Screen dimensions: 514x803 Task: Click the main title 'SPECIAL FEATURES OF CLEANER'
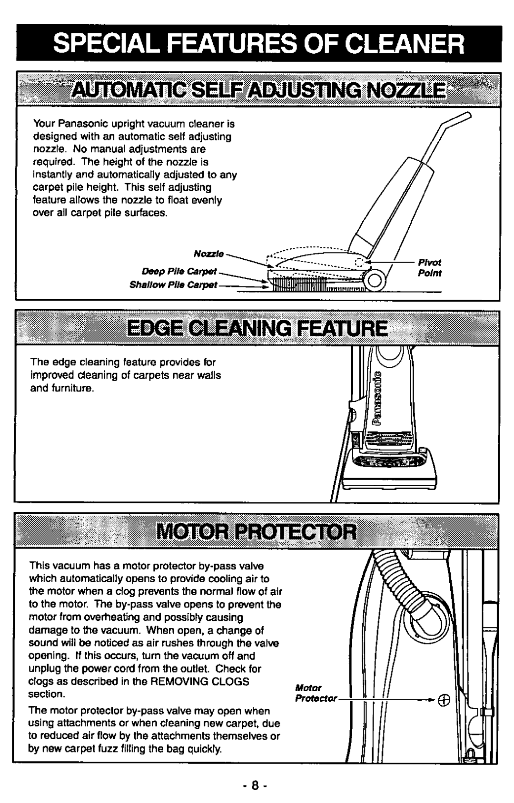258,44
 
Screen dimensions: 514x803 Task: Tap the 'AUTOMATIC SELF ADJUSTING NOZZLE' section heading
259,90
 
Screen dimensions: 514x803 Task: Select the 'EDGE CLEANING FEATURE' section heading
257,328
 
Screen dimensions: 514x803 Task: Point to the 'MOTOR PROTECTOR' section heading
257,532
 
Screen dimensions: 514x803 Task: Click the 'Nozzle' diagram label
209,254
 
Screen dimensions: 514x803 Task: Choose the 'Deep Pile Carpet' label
179,271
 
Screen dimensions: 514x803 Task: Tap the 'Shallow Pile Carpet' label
173,284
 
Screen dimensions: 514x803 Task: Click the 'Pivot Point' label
429,267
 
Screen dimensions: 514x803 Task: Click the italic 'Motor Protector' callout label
316,693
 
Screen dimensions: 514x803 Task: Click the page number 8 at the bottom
254,785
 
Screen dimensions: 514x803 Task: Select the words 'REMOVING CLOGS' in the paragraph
199,681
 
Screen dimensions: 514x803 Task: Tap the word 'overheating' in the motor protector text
111,617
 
